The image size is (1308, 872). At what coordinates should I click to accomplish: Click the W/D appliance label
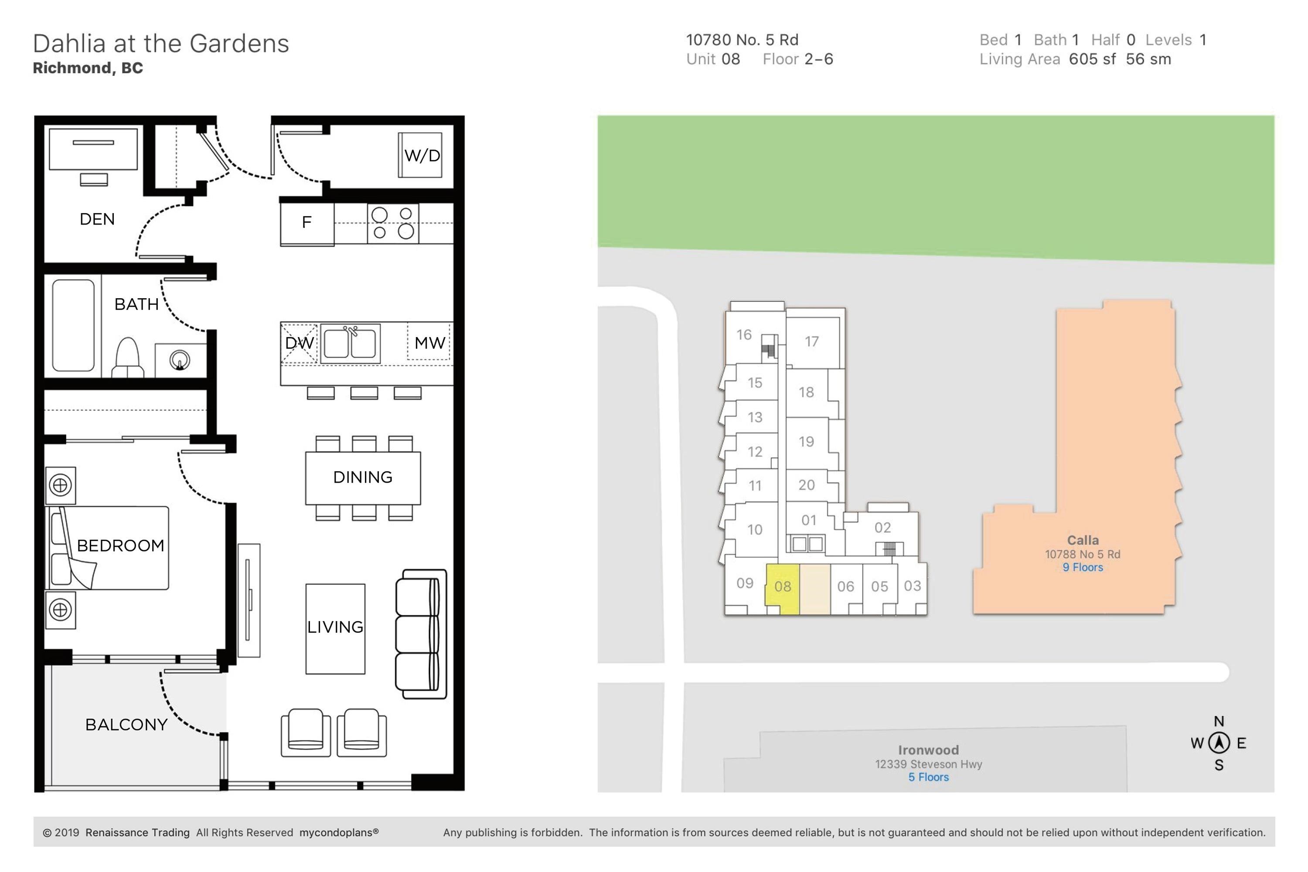[x=422, y=156]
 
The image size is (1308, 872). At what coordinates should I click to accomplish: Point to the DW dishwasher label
[x=299, y=343]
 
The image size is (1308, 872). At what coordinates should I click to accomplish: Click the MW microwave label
[x=430, y=343]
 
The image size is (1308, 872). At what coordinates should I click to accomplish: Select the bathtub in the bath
[x=73, y=325]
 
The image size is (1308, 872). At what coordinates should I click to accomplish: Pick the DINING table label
[x=363, y=477]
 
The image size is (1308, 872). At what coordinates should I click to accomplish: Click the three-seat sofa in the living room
[x=421, y=634]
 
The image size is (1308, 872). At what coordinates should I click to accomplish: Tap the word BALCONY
[x=126, y=725]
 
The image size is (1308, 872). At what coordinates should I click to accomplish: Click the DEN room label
[x=97, y=219]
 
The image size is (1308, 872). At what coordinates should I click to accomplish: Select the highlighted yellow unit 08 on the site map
[x=783, y=589]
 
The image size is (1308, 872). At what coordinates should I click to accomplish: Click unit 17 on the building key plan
[x=812, y=341]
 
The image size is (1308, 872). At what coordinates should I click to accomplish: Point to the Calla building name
[x=1083, y=540]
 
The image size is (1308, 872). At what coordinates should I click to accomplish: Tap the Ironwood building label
[x=928, y=750]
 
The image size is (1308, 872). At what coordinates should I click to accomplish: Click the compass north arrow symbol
[x=1219, y=743]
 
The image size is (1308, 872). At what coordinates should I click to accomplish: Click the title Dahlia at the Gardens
[x=161, y=43]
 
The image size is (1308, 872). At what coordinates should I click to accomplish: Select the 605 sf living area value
[x=1092, y=59]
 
